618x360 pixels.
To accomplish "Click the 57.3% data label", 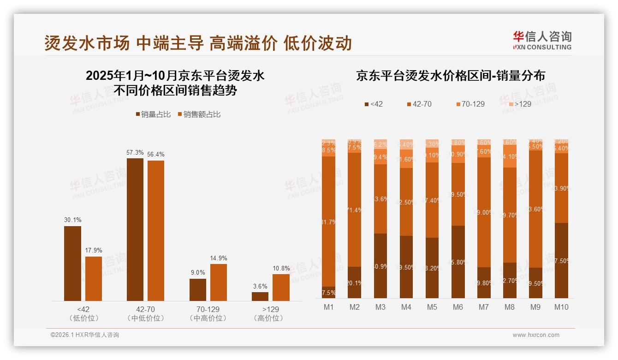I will pyautogui.click(x=135, y=152).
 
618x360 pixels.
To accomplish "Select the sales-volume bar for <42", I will pyautogui.click(x=72, y=263).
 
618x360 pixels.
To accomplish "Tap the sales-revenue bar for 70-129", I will pyautogui.click(x=219, y=282).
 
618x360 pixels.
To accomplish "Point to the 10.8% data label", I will pyautogui.click(x=281, y=268).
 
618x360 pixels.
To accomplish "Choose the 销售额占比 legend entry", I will pyautogui.click(x=199, y=114).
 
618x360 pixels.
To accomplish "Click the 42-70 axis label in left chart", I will pyautogui.click(x=145, y=309).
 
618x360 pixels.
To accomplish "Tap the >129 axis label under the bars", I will pyautogui.click(x=271, y=309).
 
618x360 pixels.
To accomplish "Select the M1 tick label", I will pyautogui.click(x=329, y=307).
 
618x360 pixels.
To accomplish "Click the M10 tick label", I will pyautogui.click(x=561, y=307).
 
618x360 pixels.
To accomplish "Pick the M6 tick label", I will pyautogui.click(x=458, y=307).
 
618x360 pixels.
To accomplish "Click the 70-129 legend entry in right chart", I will pyautogui.click(x=470, y=104).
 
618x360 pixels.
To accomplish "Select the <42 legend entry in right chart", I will pyautogui.click(x=374, y=104).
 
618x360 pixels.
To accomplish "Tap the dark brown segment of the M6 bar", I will pyautogui.click(x=458, y=262).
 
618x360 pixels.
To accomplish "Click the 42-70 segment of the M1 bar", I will pyautogui.click(x=329, y=222).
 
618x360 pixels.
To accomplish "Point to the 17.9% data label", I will pyautogui.click(x=94, y=250).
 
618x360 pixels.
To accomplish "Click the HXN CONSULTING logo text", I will pyautogui.click(x=542, y=47).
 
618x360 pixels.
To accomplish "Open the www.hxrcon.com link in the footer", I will pyautogui.click(x=536, y=335).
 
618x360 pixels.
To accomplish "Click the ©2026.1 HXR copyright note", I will pyautogui.click(x=84, y=335).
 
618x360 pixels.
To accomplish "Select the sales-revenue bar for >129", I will pyautogui.click(x=281, y=288).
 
